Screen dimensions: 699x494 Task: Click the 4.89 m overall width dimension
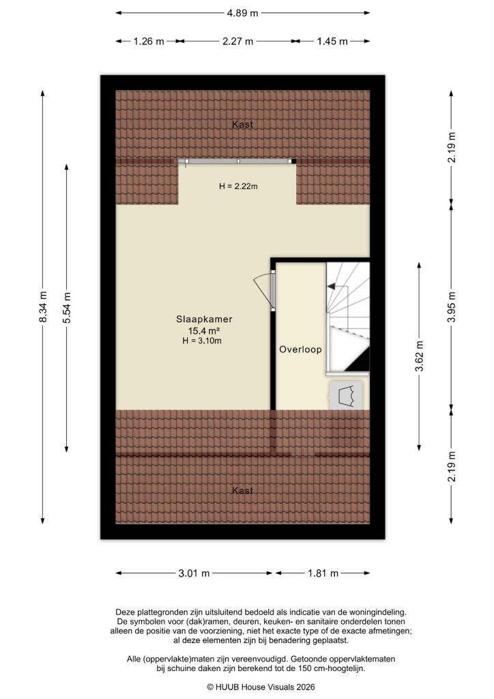[242, 13]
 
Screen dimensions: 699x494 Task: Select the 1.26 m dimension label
[148, 41]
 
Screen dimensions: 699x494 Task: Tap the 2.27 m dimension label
[237, 41]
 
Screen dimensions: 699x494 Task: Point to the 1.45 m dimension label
[332, 41]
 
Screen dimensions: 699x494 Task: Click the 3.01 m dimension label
[194, 573]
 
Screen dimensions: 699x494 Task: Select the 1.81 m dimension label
[323, 573]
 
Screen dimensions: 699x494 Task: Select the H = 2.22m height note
[237, 186]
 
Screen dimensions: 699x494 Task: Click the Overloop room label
[300, 349]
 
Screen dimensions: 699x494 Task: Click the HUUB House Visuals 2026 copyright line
[247, 687]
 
